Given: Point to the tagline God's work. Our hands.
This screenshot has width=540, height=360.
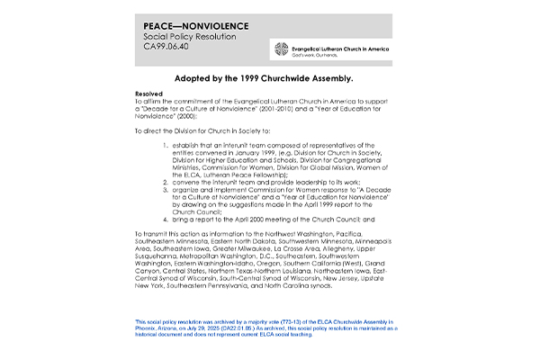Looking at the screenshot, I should coord(320,56).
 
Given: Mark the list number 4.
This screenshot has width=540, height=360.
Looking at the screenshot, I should coord(166,219).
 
